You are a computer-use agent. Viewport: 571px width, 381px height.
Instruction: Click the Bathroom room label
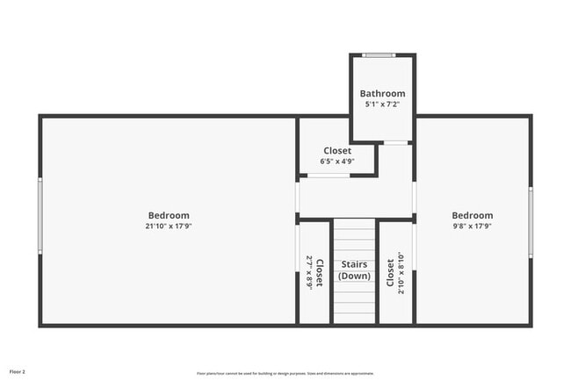pos(382,94)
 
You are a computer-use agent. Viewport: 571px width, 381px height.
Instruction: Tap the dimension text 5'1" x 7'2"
pos(382,104)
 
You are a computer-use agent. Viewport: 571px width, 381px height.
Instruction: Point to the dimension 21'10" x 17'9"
pos(168,226)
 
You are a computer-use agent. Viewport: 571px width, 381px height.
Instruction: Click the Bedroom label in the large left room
pos(168,215)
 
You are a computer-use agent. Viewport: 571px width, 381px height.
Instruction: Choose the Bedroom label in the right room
pos(473,215)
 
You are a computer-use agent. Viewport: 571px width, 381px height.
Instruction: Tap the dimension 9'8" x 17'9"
pos(473,226)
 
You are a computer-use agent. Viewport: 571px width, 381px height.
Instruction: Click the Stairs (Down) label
pos(355,270)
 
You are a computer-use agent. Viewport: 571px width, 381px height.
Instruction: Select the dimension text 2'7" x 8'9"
pos(308,273)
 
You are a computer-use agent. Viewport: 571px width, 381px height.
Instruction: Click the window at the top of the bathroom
pos(379,55)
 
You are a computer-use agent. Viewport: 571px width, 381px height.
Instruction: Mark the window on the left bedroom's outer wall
pos(40,216)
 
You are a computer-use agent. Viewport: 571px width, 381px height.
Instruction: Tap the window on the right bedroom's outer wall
pos(531,221)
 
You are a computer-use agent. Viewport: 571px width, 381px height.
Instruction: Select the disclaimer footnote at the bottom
pos(286,371)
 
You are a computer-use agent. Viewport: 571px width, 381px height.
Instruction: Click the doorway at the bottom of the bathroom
pos(396,142)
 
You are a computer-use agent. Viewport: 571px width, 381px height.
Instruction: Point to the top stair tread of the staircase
pos(355,224)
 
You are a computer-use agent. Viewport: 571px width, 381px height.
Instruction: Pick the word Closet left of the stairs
pos(319,273)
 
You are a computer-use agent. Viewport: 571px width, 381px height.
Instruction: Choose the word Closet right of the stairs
pos(390,273)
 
